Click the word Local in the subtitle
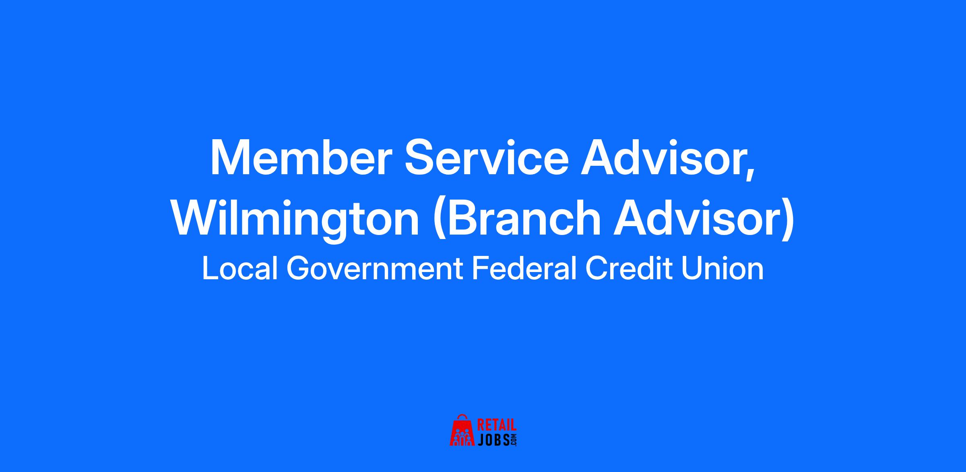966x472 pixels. coord(240,268)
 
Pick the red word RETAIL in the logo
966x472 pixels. coord(497,425)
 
